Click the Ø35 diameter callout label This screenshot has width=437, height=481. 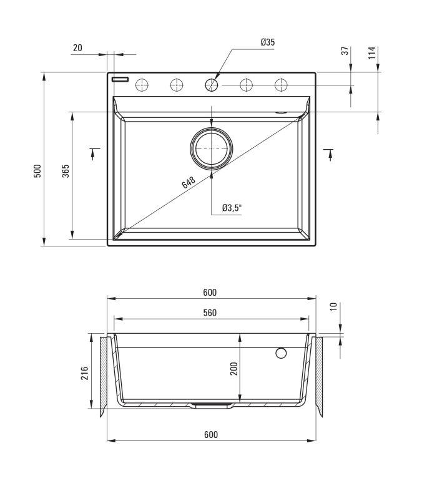pos(268,42)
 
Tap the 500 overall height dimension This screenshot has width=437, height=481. pos(37,171)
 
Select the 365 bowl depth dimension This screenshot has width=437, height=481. pos(66,171)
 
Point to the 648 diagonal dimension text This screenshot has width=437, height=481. pos(189,182)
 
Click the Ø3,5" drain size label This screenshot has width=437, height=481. pos(232,208)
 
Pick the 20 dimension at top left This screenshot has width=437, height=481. pos(77,48)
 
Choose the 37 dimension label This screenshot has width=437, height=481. pos(345,51)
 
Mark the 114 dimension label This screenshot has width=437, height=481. pos(372,53)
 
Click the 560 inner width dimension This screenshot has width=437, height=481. pos(210,313)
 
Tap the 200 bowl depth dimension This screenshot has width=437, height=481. pos(234,369)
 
